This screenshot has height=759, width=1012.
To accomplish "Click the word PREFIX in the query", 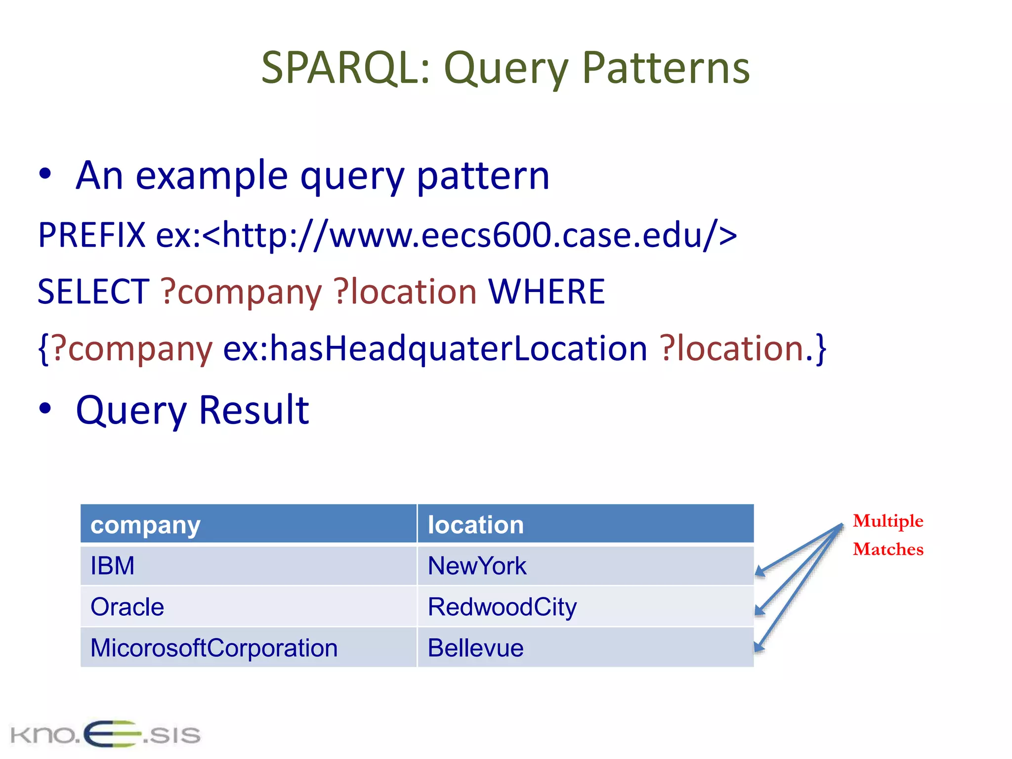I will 92,235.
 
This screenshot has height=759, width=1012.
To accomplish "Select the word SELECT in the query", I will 93,292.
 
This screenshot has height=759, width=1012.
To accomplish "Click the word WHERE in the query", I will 547,292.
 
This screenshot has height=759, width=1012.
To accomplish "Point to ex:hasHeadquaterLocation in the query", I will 435,348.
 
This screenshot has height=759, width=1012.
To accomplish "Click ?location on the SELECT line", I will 405,292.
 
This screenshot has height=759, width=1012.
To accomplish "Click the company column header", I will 145,525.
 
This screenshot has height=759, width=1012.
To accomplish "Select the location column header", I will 475,525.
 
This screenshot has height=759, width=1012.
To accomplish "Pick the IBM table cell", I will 113,566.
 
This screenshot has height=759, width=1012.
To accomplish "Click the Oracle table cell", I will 127,607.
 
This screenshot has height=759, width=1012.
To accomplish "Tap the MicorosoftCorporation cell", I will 214,648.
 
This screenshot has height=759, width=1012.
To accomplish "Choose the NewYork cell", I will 477,566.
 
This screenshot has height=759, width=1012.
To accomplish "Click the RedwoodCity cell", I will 502,607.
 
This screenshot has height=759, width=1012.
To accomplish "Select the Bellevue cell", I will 475,648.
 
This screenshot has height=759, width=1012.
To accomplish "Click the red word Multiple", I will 888,521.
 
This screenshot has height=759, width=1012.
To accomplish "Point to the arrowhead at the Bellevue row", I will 759,647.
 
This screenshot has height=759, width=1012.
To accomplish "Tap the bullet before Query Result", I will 45,408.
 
